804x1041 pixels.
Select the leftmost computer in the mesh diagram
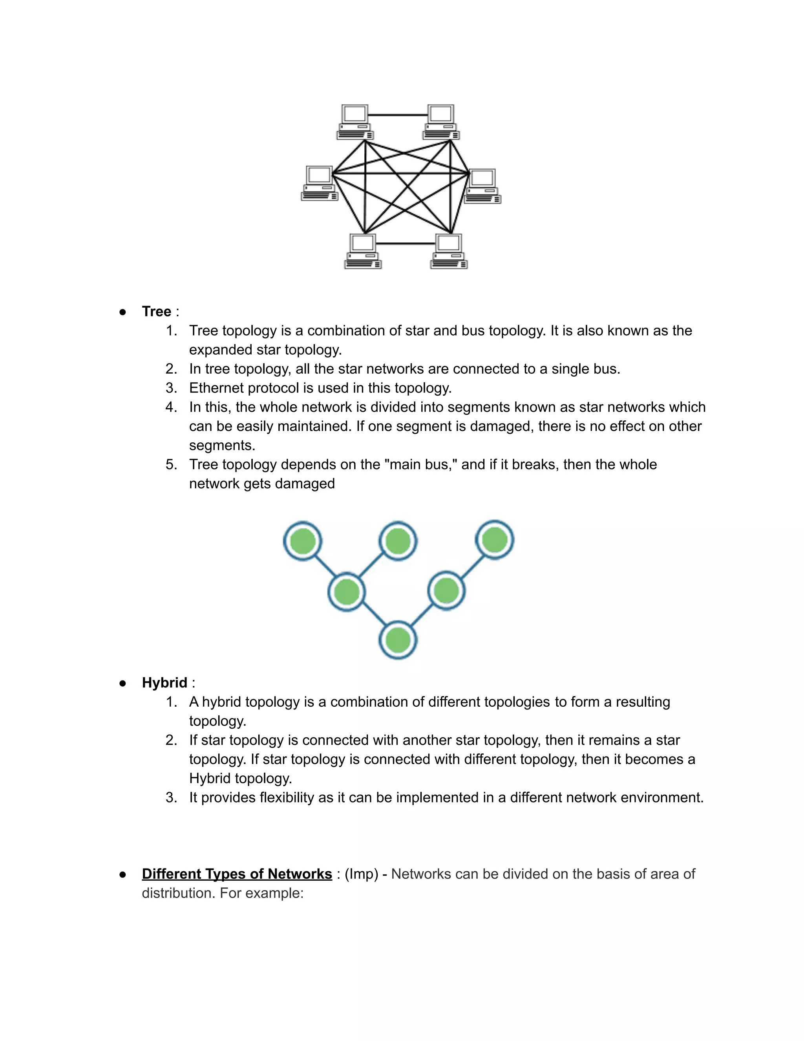coord(320,183)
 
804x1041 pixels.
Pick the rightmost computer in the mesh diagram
coord(483,186)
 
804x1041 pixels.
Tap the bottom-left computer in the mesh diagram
coord(363,251)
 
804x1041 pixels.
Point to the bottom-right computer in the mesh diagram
coord(449,251)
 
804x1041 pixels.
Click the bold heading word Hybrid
coord(164,683)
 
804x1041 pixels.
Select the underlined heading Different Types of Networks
coord(237,874)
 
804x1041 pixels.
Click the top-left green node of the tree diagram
coord(302,541)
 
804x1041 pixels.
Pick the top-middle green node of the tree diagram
coord(398,541)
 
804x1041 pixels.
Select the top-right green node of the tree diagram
coord(494,540)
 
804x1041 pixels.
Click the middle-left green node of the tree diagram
coord(347,592)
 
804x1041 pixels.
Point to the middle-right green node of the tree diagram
coord(446,590)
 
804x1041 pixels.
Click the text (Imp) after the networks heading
coord(361,874)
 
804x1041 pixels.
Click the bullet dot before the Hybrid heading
coord(123,683)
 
